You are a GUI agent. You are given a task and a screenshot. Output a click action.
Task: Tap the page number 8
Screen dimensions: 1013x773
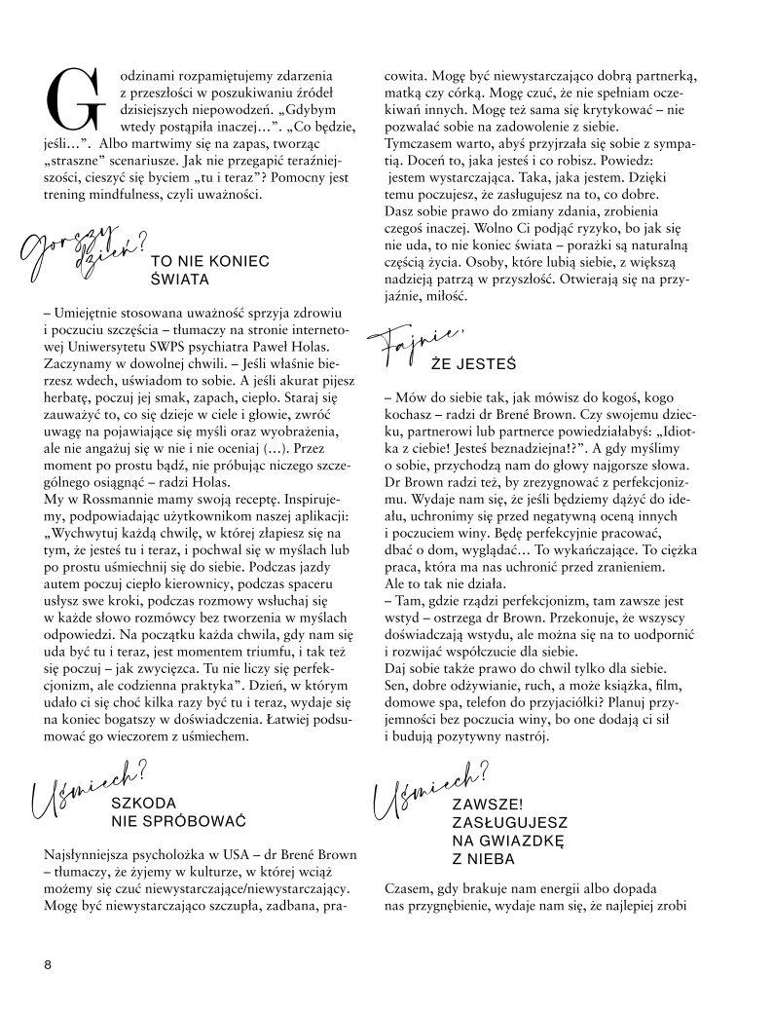[48, 964]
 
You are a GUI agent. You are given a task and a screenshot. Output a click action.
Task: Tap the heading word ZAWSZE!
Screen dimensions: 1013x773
[487, 804]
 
